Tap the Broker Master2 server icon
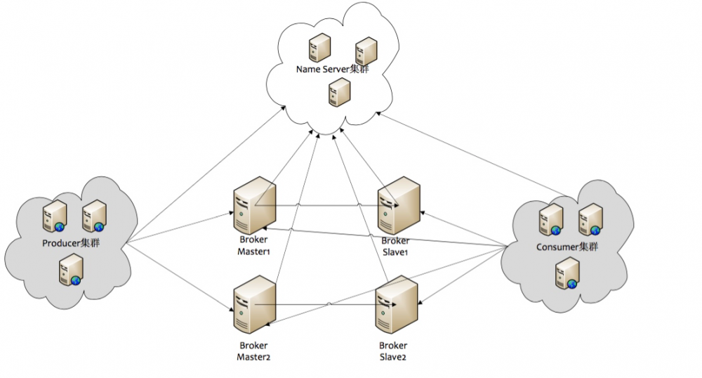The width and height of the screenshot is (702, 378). [254, 306]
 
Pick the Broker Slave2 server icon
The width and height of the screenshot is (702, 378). [397, 306]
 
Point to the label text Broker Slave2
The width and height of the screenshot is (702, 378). [392, 351]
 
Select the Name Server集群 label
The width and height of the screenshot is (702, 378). [332, 70]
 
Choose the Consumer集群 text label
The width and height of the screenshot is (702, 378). [567, 247]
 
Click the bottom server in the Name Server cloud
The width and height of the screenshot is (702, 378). [340, 92]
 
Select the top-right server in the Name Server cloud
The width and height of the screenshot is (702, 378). [366, 51]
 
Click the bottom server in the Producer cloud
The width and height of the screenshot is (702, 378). [71, 271]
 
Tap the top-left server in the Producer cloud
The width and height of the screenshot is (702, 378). [55, 215]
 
